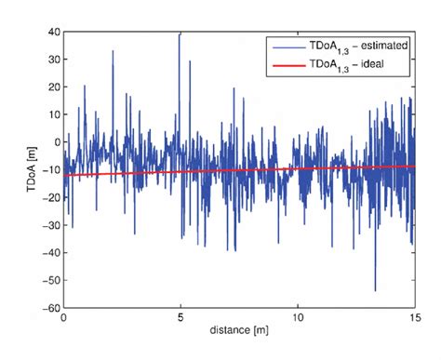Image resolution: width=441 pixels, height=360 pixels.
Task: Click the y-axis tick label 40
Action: click(x=53, y=33)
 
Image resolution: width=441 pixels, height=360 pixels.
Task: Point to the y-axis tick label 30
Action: click(x=53, y=60)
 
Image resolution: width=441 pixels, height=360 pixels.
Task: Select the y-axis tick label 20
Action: click(x=53, y=87)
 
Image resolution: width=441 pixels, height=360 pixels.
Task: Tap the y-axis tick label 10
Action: click(x=53, y=115)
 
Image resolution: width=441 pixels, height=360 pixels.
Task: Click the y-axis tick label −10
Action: click(x=50, y=170)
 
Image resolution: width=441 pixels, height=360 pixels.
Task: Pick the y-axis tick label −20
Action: click(x=50, y=198)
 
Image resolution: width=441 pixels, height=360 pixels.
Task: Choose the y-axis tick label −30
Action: click(x=50, y=225)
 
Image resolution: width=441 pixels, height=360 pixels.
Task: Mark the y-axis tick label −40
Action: click(x=50, y=253)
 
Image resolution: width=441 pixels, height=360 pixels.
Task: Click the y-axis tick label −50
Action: click(x=50, y=280)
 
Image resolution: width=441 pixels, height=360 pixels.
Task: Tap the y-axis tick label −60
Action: click(x=50, y=308)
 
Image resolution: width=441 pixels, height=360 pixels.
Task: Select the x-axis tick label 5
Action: click(x=180, y=318)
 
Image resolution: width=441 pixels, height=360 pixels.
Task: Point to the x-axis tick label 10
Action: click(x=298, y=318)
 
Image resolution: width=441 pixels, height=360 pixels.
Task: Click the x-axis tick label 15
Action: click(x=414, y=318)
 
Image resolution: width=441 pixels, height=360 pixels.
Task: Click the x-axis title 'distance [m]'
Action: click(x=239, y=331)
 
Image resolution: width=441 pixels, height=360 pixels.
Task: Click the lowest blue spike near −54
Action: click(x=376, y=290)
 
